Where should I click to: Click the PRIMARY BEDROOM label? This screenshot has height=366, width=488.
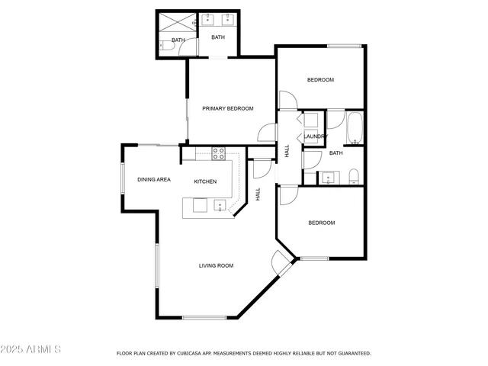(227, 108)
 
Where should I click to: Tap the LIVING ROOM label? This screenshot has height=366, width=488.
(216, 265)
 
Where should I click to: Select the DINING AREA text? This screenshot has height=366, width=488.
(153, 180)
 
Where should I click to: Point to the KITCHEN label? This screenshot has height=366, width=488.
(205, 181)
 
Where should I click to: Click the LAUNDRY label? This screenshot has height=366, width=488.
(316, 136)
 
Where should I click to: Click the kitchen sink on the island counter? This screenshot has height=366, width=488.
(220, 204)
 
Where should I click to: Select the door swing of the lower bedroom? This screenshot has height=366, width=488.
(287, 195)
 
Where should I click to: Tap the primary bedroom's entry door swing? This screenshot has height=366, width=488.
(267, 133)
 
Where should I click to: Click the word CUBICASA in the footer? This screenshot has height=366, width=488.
(196, 354)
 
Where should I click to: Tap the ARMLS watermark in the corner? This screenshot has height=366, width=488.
(31, 349)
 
